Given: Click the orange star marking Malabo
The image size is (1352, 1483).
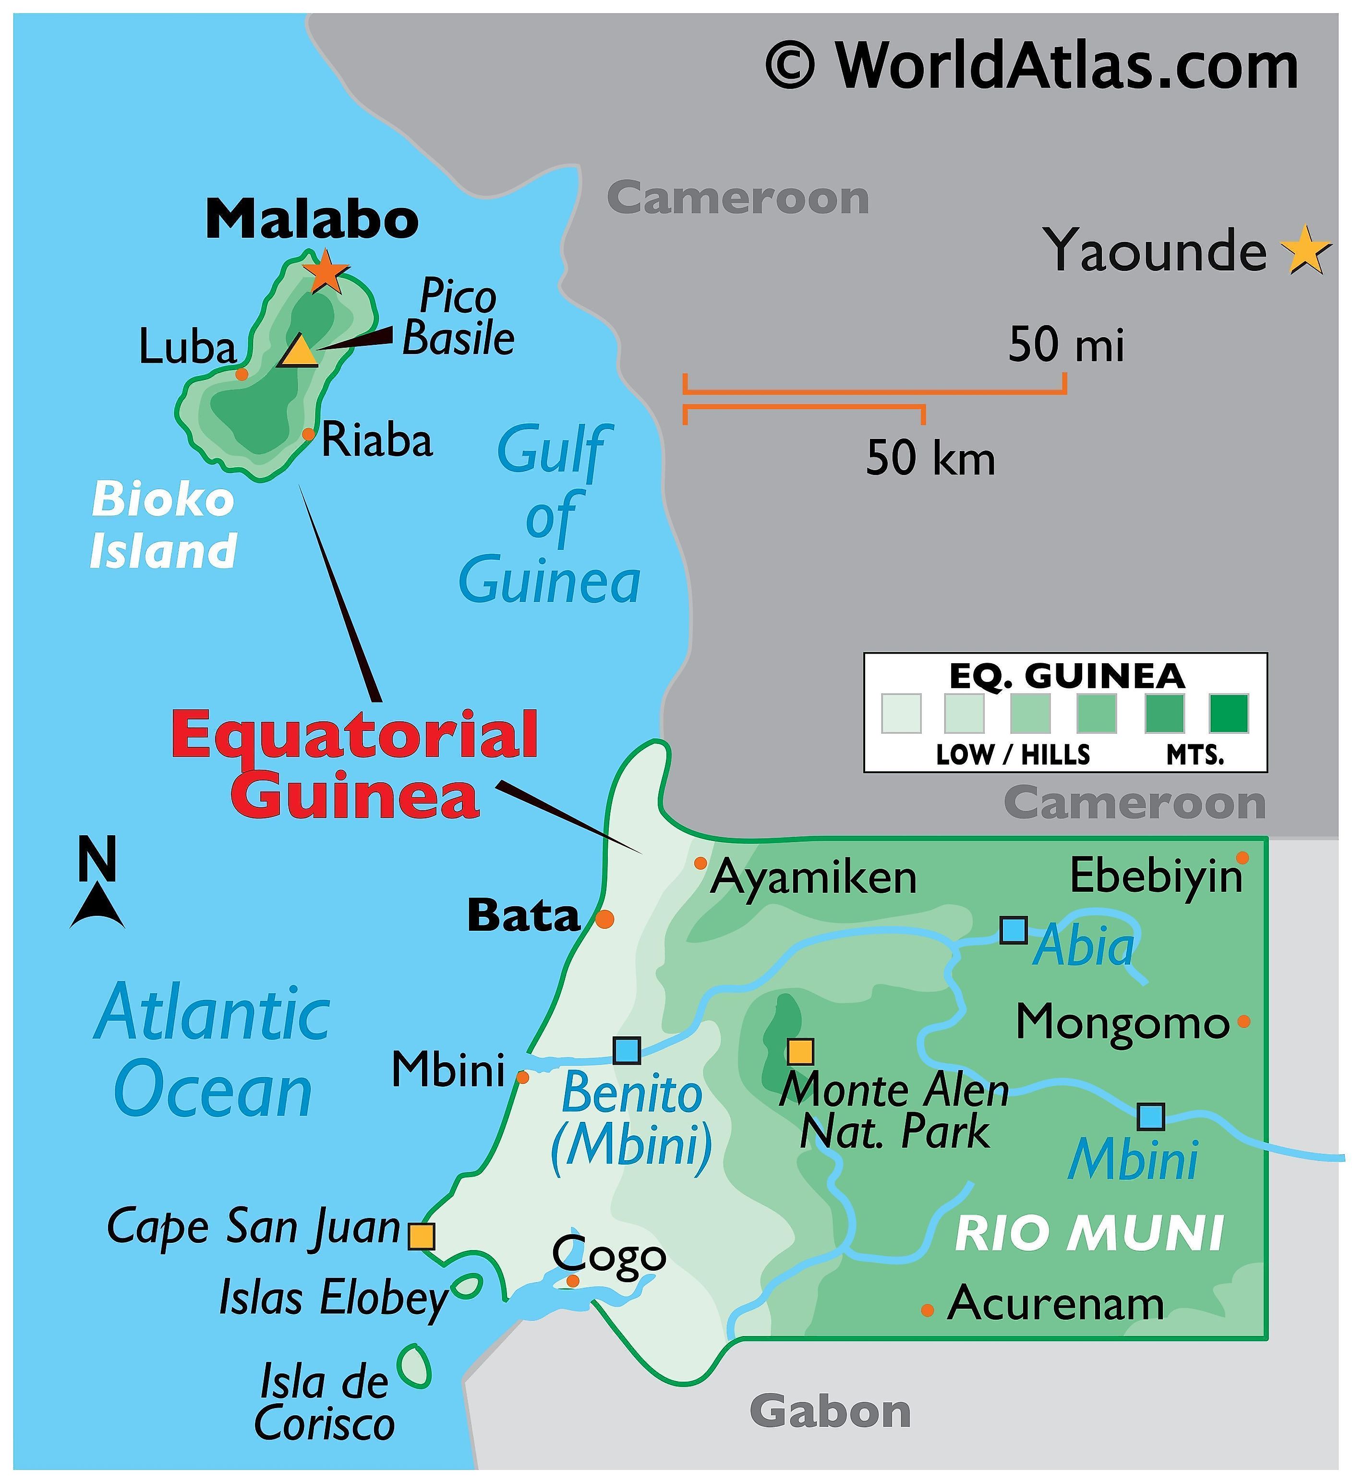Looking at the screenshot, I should pyautogui.click(x=325, y=271).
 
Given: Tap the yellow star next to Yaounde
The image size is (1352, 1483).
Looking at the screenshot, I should pyautogui.click(x=1305, y=250).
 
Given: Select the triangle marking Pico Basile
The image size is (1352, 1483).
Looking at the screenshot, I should pyautogui.click(x=299, y=351).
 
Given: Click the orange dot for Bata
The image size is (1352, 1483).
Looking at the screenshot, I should pyautogui.click(x=604, y=919).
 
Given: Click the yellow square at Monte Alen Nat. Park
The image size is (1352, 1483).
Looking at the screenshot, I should pyautogui.click(x=799, y=1051).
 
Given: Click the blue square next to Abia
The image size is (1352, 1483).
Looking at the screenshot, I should pyautogui.click(x=1014, y=931).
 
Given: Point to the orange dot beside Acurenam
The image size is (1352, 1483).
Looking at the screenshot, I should pyautogui.click(x=928, y=1310).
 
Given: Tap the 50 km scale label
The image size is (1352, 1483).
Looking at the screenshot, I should pyautogui.click(x=930, y=458).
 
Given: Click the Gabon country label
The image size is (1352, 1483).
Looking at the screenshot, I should pyautogui.click(x=830, y=1411).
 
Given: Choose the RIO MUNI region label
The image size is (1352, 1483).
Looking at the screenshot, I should pyautogui.click(x=1089, y=1233).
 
